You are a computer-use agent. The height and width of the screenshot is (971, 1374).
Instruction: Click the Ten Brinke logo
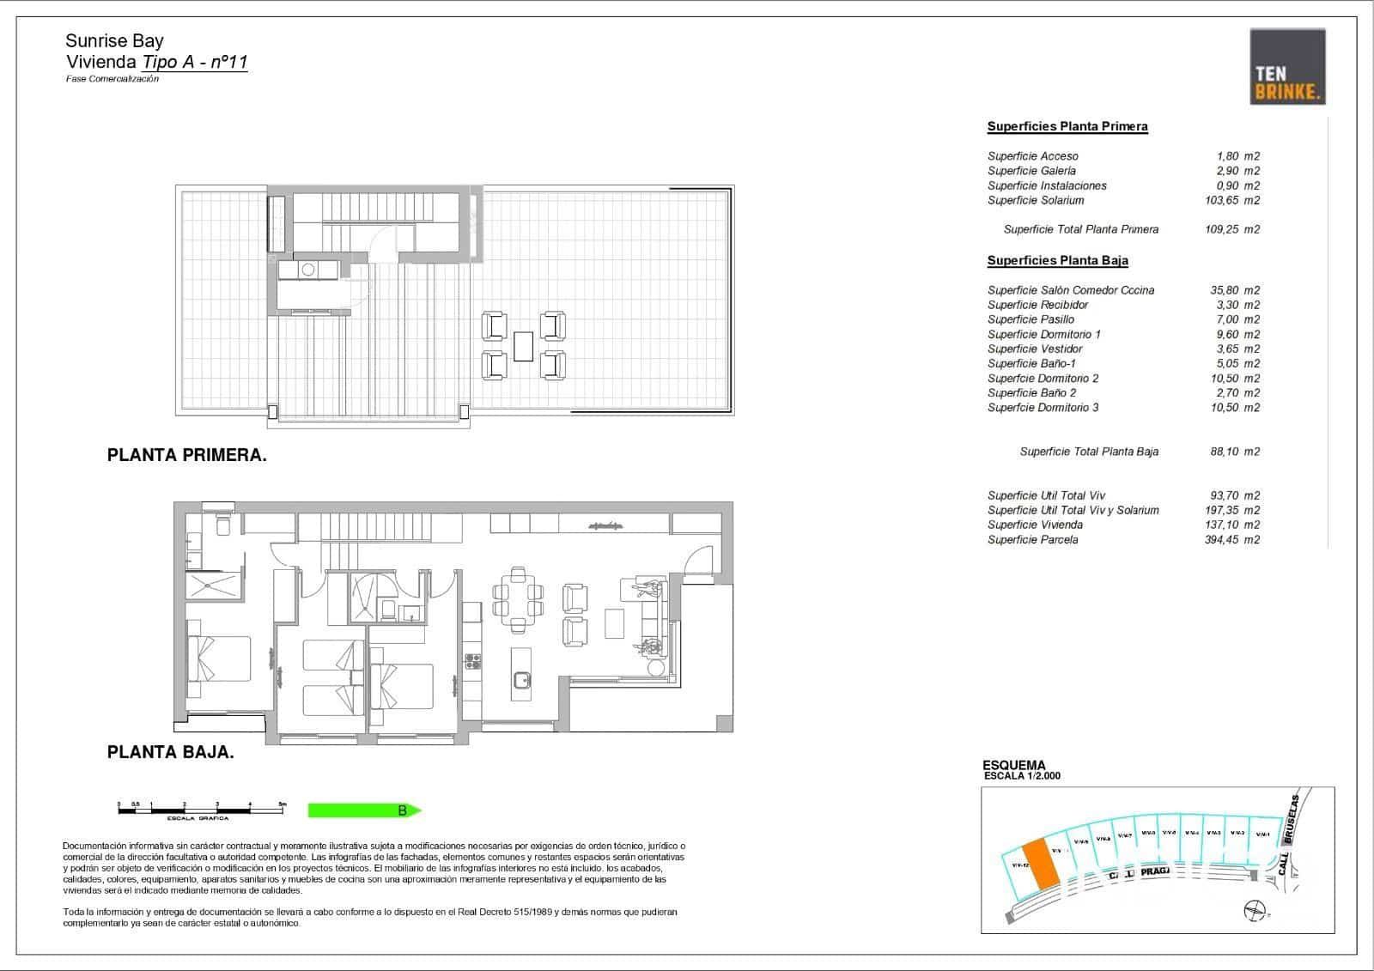pyautogui.click(x=1286, y=66)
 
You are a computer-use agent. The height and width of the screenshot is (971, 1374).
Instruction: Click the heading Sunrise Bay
pyautogui.click(x=114, y=40)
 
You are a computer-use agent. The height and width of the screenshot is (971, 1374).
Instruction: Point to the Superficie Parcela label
pyautogui.click(x=1032, y=539)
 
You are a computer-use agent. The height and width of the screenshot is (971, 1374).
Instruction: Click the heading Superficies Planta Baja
pyautogui.click(x=1057, y=260)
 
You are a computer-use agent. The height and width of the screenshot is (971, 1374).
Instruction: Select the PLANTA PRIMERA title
pyautogui.click(x=186, y=456)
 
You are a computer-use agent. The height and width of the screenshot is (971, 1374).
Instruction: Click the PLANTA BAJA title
pyautogui.click(x=170, y=753)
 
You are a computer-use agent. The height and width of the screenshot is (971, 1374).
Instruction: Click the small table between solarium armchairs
pyautogui.click(x=523, y=346)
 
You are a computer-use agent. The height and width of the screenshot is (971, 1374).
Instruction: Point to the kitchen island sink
pyautogui.click(x=520, y=680)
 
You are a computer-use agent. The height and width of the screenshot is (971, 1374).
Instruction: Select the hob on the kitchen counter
pyautogui.click(x=472, y=660)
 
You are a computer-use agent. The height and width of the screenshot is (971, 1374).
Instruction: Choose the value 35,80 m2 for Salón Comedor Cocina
pyautogui.click(x=1234, y=290)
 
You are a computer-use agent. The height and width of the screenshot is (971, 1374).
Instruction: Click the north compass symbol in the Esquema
pyautogui.click(x=1255, y=911)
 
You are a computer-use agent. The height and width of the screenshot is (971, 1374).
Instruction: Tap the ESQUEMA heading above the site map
pyautogui.click(x=1013, y=765)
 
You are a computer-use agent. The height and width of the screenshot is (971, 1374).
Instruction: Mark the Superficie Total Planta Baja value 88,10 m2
pyautogui.click(x=1234, y=452)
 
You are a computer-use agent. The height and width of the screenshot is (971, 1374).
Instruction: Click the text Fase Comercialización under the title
pyautogui.click(x=112, y=79)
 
